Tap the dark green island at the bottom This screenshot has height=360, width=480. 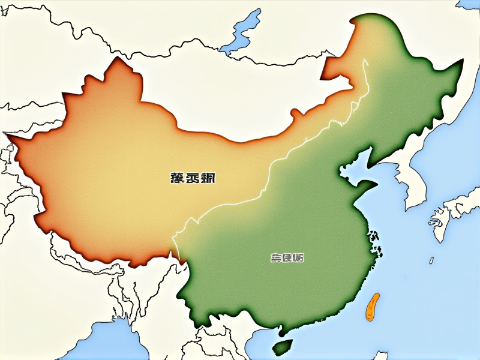283,346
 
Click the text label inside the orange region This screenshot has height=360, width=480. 191,178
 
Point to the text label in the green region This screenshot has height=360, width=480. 287,258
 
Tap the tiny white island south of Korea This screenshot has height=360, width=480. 431,260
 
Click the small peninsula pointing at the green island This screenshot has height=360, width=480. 277,333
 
